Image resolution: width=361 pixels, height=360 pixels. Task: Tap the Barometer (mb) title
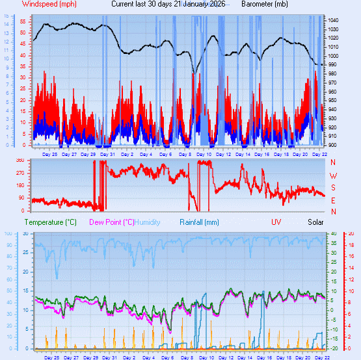pos(264,4)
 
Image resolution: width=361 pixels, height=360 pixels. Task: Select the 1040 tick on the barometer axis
pos(333,21)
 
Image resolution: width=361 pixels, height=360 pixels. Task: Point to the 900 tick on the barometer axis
pos(333,145)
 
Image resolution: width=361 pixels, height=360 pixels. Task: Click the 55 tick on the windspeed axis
pos(23,21)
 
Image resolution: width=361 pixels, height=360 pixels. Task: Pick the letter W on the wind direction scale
pos(333,176)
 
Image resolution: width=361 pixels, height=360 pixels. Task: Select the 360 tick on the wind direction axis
pos(20,161)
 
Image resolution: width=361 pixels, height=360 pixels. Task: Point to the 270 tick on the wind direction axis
pos(20,173)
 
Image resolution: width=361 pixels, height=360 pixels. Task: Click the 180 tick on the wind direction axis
pos(20,186)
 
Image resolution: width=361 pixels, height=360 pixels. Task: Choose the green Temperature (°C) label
pos(51,222)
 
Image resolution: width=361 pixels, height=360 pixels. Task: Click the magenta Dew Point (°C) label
pos(112,222)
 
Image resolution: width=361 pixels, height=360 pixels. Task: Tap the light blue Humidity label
pos(147,222)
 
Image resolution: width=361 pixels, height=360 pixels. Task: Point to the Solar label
pos(315,222)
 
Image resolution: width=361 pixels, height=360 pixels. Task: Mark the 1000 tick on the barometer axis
pos(333,56)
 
